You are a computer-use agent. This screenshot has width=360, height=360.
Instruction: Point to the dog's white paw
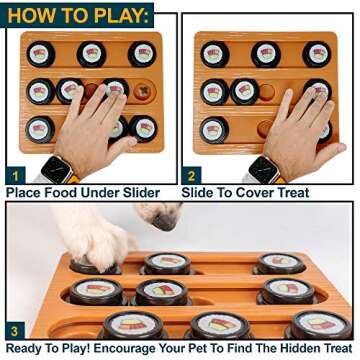coord(95,246)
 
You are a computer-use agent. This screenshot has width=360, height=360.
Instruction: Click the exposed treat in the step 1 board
coord(142,93)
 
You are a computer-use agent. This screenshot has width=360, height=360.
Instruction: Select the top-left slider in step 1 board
coord(41,54)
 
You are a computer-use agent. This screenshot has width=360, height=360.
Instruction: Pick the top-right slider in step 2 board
coord(317,54)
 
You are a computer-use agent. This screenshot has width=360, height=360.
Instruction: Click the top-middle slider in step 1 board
coord(91,53)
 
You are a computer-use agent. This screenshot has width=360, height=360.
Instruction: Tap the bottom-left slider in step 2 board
coord(214,129)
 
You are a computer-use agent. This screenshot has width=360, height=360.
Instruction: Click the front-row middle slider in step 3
coord(217,325)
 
